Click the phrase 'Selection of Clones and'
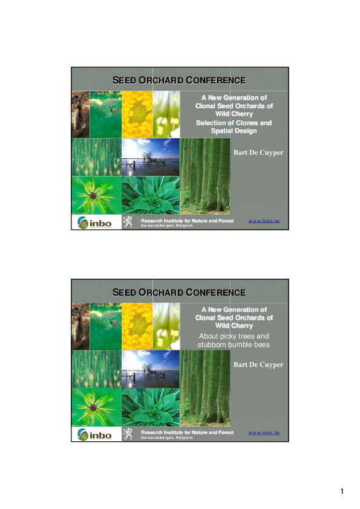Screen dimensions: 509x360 tap(234, 123)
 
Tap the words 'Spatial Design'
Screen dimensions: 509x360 tap(234, 131)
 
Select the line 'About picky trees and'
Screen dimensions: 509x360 tap(234, 336)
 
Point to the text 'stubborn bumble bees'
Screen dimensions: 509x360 tap(234, 345)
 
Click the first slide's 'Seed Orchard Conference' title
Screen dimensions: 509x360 tap(179, 80)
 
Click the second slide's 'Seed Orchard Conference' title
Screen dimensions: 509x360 tap(179, 293)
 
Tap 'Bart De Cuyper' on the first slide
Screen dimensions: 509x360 tap(258, 152)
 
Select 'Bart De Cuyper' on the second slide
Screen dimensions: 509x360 tap(258, 365)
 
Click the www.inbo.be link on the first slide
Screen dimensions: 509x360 tap(264, 221)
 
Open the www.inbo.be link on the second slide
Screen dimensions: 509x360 tap(264, 433)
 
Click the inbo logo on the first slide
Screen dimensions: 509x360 tap(94, 222)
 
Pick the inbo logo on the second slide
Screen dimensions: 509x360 tap(94, 435)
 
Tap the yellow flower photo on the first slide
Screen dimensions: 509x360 tap(137, 114)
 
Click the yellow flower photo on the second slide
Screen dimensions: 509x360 tap(137, 326)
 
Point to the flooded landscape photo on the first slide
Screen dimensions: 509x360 tap(150, 157)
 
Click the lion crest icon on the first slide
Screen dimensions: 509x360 tap(128, 222)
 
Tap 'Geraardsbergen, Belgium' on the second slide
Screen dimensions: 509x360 tap(166, 438)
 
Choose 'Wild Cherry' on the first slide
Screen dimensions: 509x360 tap(234, 114)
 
